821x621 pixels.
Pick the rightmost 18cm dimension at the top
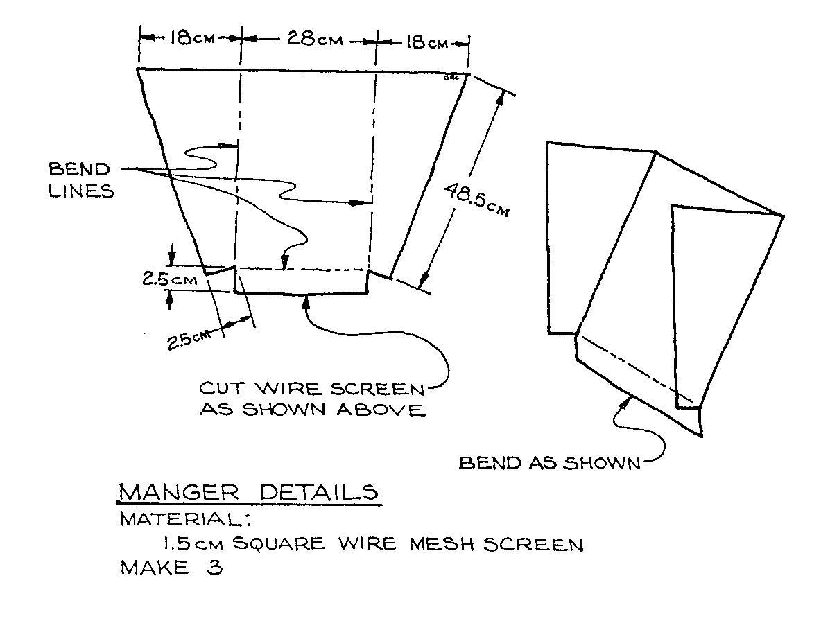click(x=425, y=43)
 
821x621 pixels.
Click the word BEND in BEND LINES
click(x=78, y=169)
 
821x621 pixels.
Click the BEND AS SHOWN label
click(x=549, y=462)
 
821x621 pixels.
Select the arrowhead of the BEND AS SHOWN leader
click(x=628, y=398)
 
